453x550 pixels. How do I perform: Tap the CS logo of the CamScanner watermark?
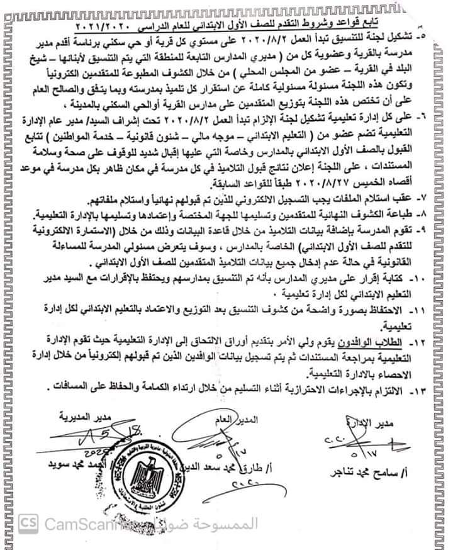point(27,524)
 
